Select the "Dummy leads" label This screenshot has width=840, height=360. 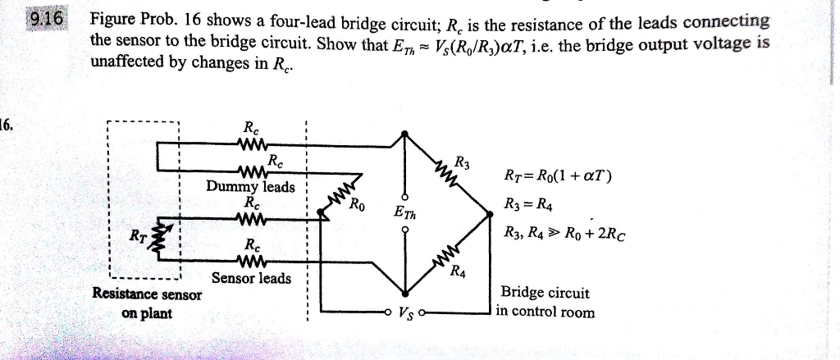(250, 187)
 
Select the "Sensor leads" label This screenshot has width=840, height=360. (251, 278)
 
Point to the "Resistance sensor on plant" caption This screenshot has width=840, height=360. (147, 303)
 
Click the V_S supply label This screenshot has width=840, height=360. (405, 312)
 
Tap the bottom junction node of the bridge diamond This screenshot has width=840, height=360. (403, 294)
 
